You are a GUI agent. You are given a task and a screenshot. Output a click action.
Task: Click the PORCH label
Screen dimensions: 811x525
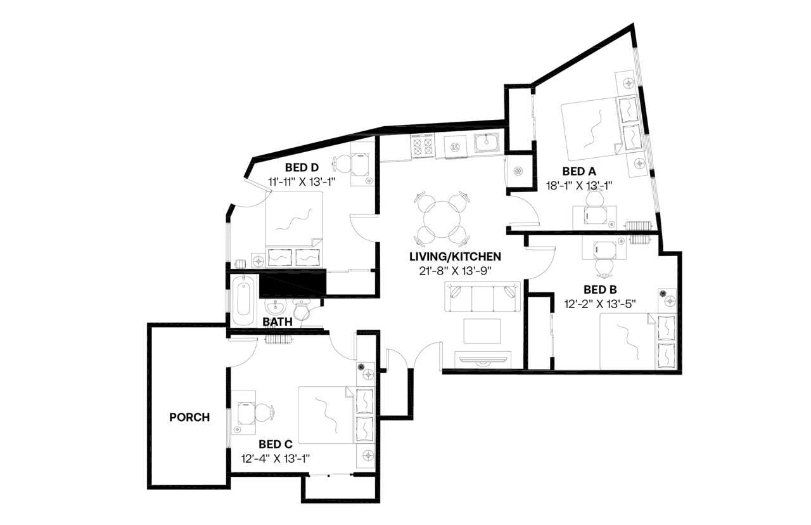point(189,417)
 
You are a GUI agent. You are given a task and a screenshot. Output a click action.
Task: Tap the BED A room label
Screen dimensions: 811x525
point(578,171)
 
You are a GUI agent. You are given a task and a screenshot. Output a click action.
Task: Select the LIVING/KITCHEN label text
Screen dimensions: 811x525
point(455,257)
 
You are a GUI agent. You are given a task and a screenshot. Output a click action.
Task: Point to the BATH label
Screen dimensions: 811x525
point(278,321)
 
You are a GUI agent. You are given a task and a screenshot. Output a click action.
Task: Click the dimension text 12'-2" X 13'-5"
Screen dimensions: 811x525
point(600,304)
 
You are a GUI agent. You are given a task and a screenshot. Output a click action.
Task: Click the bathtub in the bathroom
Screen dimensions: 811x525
point(243,301)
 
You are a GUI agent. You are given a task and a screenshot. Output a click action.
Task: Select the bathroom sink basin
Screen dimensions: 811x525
point(276,308)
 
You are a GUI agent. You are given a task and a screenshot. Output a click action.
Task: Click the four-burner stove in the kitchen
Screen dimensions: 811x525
point(423,146)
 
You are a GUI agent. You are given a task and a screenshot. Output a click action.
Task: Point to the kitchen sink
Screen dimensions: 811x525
point(487,143)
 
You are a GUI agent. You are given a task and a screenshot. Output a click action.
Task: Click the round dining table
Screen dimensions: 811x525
point(442,219)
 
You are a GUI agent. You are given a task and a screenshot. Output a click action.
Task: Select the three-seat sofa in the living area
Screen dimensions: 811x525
point(483,297)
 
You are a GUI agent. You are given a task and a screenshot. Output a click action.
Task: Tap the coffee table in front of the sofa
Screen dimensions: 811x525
point(482,331)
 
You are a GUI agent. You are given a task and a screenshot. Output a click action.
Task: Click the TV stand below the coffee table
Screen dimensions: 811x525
point(483,360)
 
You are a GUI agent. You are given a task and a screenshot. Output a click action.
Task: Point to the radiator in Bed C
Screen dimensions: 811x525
point(279,339)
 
